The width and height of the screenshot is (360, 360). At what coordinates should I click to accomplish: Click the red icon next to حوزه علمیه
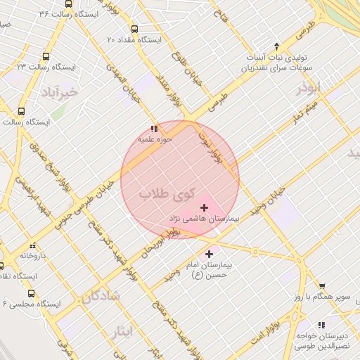(x=154, y=129)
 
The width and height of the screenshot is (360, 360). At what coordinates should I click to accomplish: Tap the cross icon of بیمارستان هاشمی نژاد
(x=205, y=207)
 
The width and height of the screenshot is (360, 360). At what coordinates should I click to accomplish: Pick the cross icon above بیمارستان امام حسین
(x=209, y=253)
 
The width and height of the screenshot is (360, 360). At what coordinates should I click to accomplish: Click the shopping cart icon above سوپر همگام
(x=322, y=286)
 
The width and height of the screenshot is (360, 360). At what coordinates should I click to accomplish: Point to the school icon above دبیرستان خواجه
(x=321, y=325)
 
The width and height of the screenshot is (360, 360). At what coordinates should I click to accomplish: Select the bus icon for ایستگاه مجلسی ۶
(x=31, y=292)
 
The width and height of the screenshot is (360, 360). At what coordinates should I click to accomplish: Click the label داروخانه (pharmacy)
(x=33, y=255)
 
